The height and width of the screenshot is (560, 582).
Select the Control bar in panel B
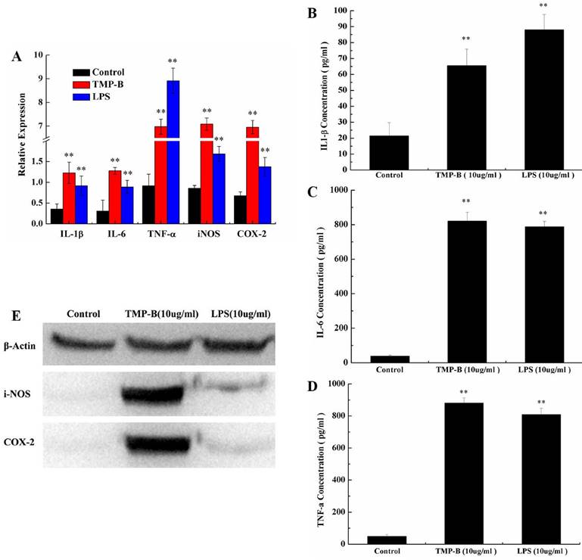pyautogui.click(x=389, y=147)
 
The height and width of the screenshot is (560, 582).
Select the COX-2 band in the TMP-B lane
pyautogui.click(x=152, y=440)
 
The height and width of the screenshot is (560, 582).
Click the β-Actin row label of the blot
pyautogui.click(x=22, y=344)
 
